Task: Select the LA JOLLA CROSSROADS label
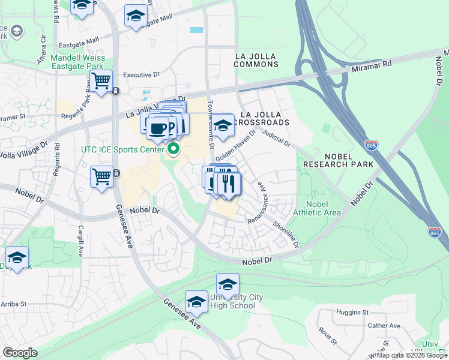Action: coord(264,118)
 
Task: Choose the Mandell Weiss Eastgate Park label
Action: coord(78,62)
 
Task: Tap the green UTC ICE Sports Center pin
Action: coord(174,148)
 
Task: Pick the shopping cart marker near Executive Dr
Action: coord(101,80)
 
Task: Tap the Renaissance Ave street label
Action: coord(262,196)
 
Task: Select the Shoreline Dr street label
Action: coord(286,233)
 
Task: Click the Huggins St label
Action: coord(353,313)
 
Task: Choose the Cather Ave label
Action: coord(384,326)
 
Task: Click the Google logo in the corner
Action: coord(19,353)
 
